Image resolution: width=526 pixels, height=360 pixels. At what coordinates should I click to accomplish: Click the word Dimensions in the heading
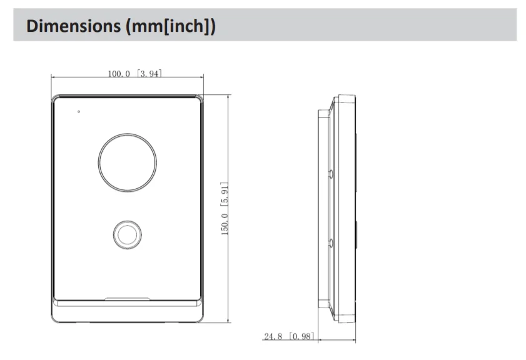(73, 26)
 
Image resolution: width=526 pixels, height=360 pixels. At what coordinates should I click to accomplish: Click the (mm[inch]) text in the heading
(170, 26)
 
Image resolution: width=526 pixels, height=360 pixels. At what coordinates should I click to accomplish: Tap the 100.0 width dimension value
(119, 74)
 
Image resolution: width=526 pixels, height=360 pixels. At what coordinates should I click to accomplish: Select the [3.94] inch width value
(149, 73)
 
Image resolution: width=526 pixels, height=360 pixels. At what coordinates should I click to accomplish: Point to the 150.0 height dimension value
(224, 224)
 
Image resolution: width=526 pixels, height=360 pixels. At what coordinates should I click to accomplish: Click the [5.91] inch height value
(224, 194)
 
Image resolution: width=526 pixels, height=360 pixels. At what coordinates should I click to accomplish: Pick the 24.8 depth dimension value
(273, 336)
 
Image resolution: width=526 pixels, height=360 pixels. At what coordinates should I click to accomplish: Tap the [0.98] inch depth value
(302, 336)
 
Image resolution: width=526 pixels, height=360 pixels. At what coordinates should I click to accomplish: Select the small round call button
(127, 234)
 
